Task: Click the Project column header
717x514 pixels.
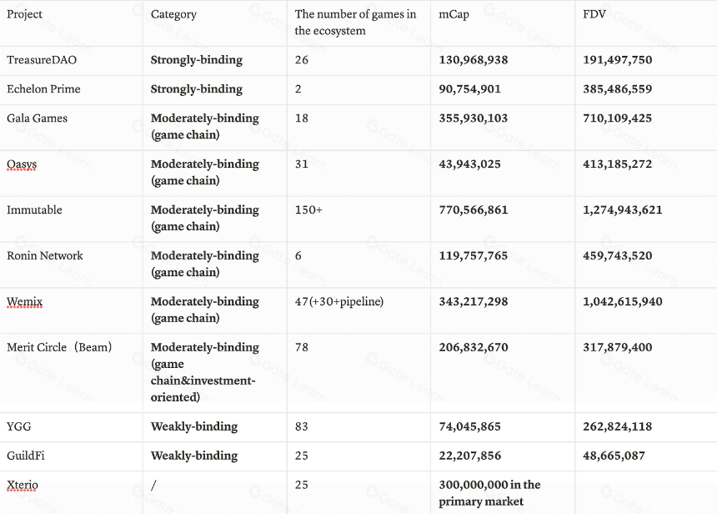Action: [x=24, y=14]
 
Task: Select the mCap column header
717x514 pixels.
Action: [x=454, y=14]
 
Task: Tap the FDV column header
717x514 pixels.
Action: [x=594, y=14]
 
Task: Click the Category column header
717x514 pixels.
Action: [x=173, y=15]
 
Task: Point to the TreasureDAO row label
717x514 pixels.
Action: [x=42, y=60]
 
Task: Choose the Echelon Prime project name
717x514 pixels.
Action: [x=43, y=88]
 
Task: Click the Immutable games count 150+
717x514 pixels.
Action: [x=308, y=209]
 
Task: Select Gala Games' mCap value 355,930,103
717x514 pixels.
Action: [x=474, y=118]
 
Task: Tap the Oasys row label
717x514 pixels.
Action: [x=22, y=164]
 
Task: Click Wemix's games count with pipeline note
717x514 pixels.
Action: [x=338, y=301]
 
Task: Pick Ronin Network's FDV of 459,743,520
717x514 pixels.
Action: [x=617, y=255]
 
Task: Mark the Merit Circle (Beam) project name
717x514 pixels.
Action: [x=59, y=347]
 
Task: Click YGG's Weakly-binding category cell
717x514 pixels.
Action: [x=194, y=426]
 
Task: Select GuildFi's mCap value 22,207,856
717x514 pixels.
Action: [x=469, y=456]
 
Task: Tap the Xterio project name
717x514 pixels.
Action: [x=23, y=485]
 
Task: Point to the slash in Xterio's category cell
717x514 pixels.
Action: [x=153, y=485]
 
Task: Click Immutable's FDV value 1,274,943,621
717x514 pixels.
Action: [x=622, y=209]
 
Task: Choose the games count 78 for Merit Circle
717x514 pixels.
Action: [x=301, y=347]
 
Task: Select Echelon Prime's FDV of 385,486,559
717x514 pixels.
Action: [x=617, y=88]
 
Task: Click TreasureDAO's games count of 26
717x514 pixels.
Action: [x=301, y=60]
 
